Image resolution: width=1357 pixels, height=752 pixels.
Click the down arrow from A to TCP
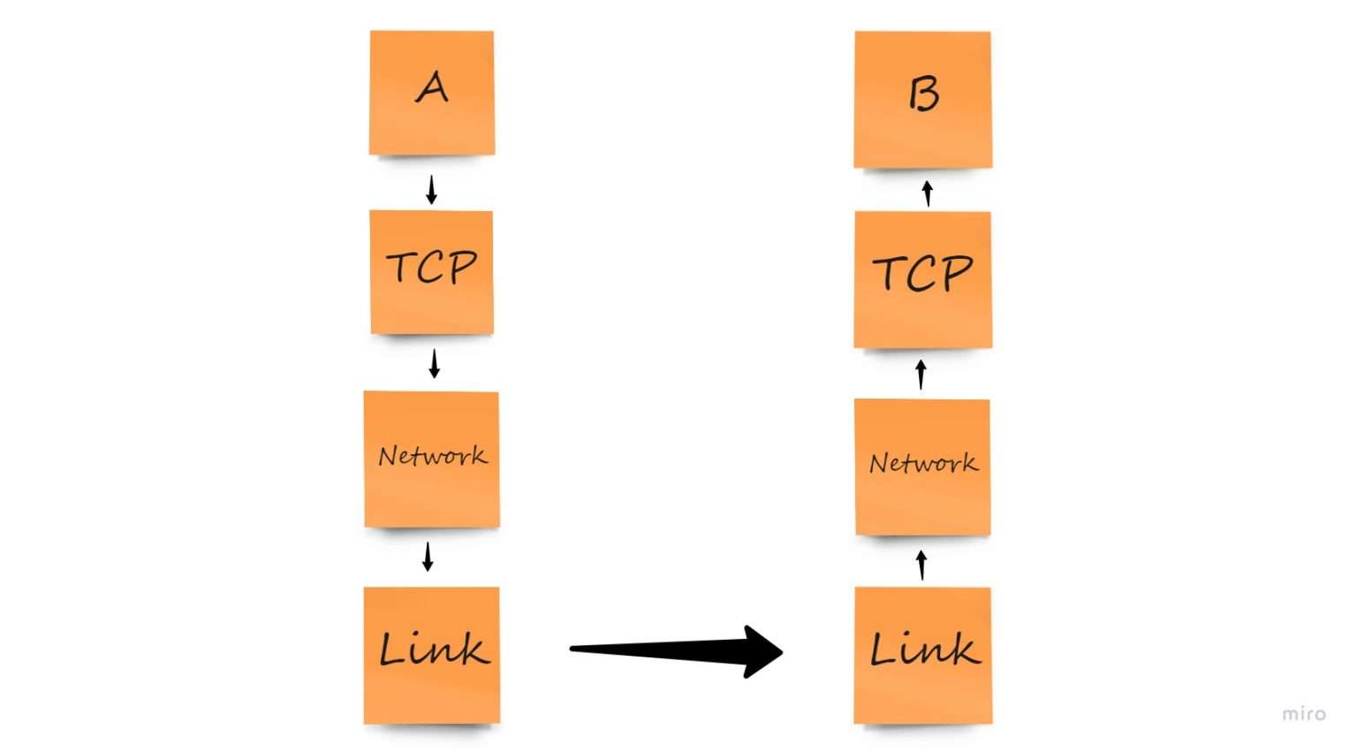click(x=431, y=190)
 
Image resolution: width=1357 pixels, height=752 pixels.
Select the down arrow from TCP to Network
click(x=434, y=363)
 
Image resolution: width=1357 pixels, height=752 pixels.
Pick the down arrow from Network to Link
click(x=428, y=557)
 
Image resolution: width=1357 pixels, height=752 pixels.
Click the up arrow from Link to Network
click(x=921, y=565)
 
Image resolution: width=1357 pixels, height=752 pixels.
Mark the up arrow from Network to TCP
click(x=921, y=374)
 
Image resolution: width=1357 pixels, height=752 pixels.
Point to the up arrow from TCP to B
click(x=927, y=194)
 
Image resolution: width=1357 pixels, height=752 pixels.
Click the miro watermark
click(x=1304, y=714)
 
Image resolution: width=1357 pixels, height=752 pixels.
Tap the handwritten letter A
click(x=432, y=87)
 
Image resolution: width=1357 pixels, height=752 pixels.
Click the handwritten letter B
click(x=923, y=93)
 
